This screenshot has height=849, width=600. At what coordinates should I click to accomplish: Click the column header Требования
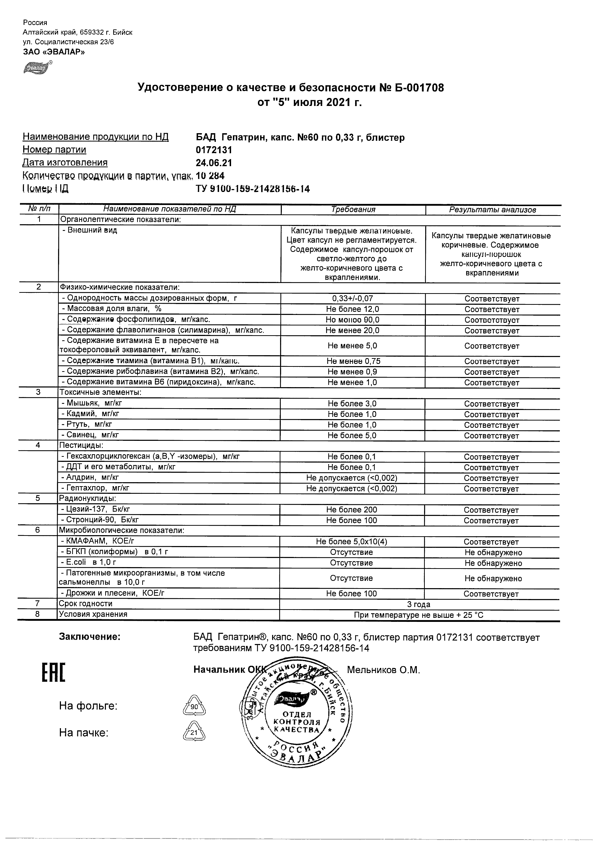353,210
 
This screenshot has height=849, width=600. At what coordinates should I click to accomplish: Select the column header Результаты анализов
492,210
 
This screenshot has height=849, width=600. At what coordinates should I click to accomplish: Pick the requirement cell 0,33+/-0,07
353,298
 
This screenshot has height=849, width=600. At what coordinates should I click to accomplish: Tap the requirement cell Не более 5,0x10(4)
352,542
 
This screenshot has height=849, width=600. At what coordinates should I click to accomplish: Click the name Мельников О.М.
383,670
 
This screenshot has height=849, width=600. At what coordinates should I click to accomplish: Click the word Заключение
90,637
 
